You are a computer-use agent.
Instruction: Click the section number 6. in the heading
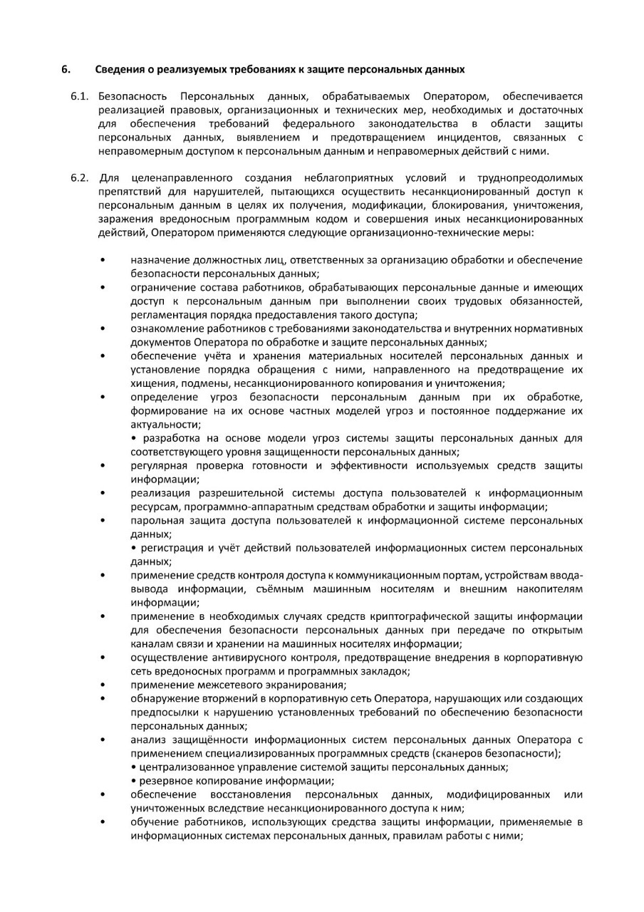[x=65, y=69]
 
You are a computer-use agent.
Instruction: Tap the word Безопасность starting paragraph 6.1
[x=133, y=95]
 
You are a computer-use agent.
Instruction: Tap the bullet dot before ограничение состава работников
[x=103, y=288]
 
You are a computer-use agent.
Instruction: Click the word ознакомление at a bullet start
[x=162, y=328]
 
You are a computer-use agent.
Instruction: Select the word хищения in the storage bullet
[x=150, y=383]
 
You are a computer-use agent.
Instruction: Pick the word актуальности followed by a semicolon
[x=163, y=425]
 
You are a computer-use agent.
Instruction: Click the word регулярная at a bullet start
[x=157, y=466]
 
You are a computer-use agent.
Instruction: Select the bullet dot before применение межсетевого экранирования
[x=103, y=685]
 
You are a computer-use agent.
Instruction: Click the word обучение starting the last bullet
[x=153, y=822]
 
